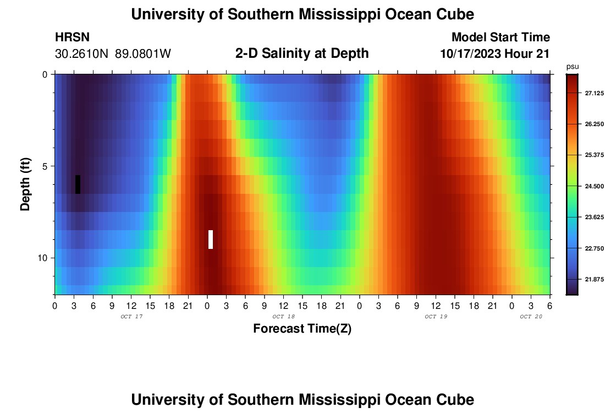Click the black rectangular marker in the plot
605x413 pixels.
78,184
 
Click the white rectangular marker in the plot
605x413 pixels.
211,240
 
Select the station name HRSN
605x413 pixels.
72,37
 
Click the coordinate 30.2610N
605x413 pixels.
82,54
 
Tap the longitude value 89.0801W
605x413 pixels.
143,54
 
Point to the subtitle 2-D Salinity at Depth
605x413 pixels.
302,53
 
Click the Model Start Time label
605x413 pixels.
501,37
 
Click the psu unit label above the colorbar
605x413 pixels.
573,66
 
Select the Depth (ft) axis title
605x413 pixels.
25,184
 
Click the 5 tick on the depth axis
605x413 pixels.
44,166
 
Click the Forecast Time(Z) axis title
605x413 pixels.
302,329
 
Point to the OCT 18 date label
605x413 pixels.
284,317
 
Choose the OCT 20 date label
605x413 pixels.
531,317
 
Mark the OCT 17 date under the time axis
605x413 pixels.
131,317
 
